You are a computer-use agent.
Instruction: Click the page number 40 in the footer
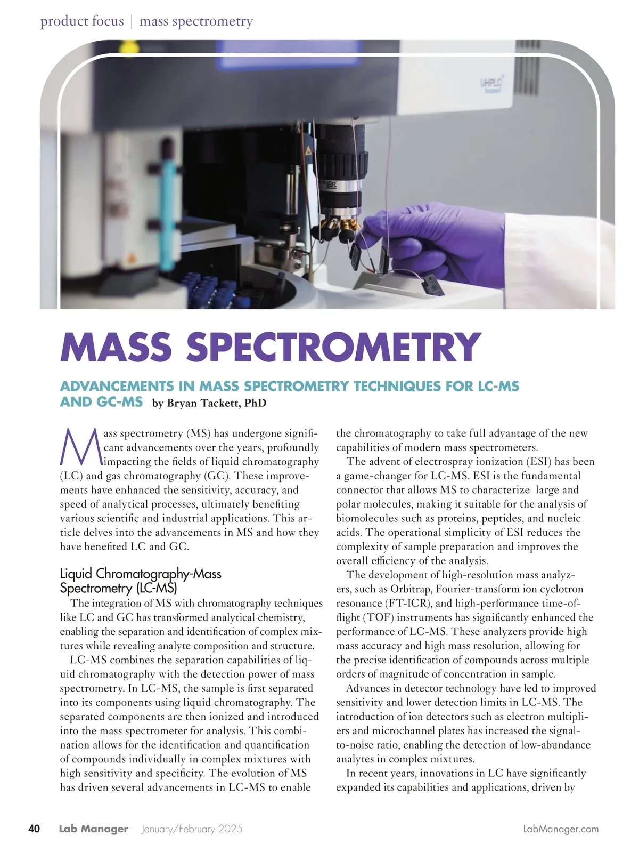[x=34, y=829]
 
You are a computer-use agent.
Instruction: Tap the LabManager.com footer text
[x=561, y=829]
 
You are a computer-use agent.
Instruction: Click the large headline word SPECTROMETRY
[x=333, y=347]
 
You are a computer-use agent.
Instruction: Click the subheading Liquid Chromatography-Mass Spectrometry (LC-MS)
[x=141, y=581]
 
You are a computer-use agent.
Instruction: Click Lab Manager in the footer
[x=94, y=829]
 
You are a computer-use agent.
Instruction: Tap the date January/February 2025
[x=192, y=829]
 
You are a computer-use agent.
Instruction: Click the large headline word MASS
[x=116, y=347]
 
